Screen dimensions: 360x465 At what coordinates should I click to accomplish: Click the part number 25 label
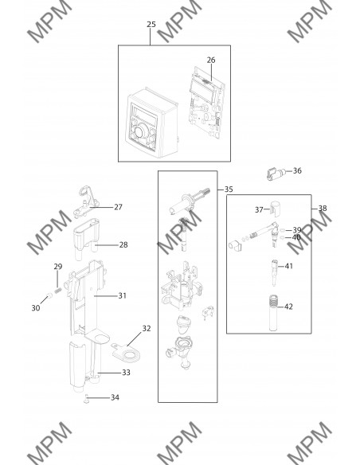pyautogui.click(x=151, y=25)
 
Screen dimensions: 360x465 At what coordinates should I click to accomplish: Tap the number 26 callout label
pyautogui.click(x=211, y=60)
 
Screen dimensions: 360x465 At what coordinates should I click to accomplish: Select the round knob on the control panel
pyautogui.click(x=140, y=131)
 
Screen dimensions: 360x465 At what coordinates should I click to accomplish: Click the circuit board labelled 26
pyautogui.click(x=205, y=103)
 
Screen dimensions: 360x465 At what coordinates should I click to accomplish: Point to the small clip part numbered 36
pyautogui.click(x=276, y=173)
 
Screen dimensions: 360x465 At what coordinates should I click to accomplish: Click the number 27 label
pyautogui.click(x=118, y=207)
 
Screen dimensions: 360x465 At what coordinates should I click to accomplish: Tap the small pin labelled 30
pyautogui.click(x=49, y=295)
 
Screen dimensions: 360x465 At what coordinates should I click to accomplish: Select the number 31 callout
pyautogui.click(x=122, y=295)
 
